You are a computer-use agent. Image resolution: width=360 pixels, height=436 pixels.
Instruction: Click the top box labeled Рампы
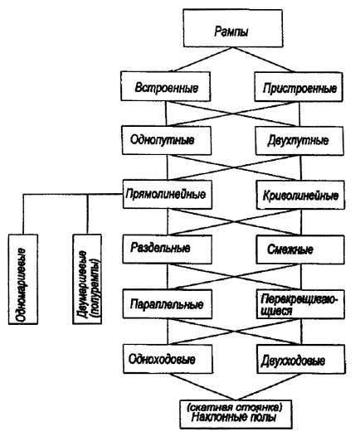pos(233,28)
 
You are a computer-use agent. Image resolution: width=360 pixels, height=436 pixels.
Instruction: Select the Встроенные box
pos(165,86)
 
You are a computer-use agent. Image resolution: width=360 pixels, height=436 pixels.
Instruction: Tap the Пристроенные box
pos(299,87)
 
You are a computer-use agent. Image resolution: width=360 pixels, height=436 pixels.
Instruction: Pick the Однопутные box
pos(167,140)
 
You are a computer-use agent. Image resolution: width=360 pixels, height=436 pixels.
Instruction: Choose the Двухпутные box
pos(299,141)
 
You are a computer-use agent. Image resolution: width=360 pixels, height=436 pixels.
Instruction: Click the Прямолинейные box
pos(168,194)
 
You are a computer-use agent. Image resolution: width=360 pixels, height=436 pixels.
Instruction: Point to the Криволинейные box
pos(300,195)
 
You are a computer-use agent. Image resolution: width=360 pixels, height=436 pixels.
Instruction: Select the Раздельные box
pos(168,249)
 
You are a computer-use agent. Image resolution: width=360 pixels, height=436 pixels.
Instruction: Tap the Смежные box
pos(300,249)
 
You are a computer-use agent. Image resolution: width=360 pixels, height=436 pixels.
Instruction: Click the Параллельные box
pos(168,304)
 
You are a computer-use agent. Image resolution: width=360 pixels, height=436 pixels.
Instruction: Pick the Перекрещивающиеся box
pos(300,304)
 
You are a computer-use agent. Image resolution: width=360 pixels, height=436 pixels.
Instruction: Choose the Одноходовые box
pos(168,359)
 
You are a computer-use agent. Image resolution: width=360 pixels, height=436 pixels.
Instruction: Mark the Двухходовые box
pos(301,359)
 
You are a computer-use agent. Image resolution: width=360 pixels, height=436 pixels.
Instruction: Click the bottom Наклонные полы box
pos(236,414)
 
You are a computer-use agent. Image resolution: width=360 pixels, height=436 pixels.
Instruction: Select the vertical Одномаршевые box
pos(23,279)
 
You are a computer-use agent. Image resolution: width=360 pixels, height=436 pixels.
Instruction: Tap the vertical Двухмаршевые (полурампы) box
pos(87,279)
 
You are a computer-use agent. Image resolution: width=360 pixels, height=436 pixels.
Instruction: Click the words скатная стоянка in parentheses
pos(235,408)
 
